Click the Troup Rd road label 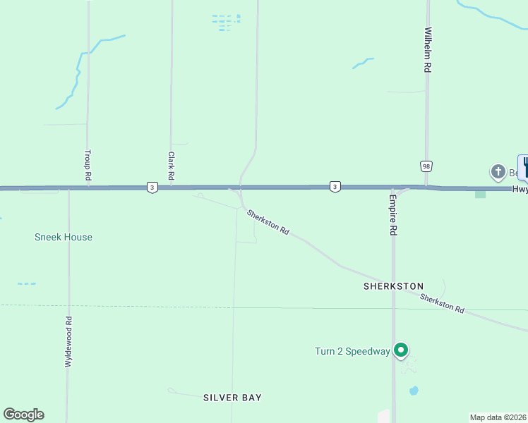tap(88, 165)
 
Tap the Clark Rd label tap(171, 165)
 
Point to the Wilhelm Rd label tap(427, 50)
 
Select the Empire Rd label tap(393, 216)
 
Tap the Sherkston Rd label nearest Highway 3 tap(268, 221)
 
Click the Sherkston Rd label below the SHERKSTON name tap(442, 304)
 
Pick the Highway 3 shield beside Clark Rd tap(152, 187)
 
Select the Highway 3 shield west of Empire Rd tap(335, 187)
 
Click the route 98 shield tap(426, 166)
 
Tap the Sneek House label tap(64, 237)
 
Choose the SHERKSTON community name tap(393, 286)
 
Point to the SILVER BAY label tap(232, 398)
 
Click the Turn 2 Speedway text tap(352, 351)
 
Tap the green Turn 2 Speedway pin tap(401, 350)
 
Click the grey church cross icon tap(498, 171)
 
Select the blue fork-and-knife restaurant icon tap(524, 167)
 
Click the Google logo tap(23, 415)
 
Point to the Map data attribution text tap(498, 417)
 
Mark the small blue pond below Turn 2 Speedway tap(414, 390)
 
